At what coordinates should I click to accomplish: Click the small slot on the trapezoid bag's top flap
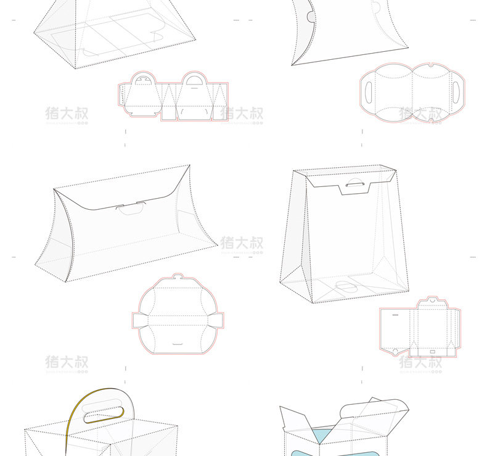click(x=356, y=184)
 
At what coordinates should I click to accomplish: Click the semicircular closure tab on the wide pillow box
click(x=131, y=208)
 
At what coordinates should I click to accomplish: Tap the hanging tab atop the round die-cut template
click(x=178, y=278)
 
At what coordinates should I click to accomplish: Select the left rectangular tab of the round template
click(x=138, y=320)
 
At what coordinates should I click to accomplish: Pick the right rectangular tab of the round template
click(x=218, y=320)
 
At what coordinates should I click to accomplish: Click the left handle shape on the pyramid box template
click(x=142, y=78)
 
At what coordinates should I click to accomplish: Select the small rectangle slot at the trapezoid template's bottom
click(x=432, y=352)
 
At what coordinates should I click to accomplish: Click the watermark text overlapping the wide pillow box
click(x=242, y=243)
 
